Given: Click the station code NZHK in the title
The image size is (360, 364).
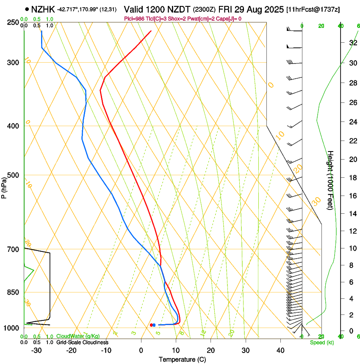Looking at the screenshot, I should click(43, 9).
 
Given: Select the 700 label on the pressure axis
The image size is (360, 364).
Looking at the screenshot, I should click(13, 249).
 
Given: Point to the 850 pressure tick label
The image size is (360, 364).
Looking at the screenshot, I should click(13, 292).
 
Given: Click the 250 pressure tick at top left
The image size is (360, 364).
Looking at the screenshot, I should click(13, 22).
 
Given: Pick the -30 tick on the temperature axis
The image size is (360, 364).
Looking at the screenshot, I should click(36, 350).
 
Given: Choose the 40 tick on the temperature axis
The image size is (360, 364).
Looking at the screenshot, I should click(280, 350).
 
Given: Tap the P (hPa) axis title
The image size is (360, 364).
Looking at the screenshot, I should click(4, 185).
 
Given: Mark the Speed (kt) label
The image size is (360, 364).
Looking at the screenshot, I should click(322, 342).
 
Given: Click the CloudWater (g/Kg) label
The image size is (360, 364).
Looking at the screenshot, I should click(78, 336).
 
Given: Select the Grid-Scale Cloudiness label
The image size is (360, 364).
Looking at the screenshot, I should click(82, 342).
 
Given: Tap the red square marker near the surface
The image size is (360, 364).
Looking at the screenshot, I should click(151, 325).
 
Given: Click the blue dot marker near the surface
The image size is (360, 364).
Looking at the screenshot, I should click(154, 325).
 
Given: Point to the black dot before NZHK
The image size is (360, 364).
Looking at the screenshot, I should click(27, 9).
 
